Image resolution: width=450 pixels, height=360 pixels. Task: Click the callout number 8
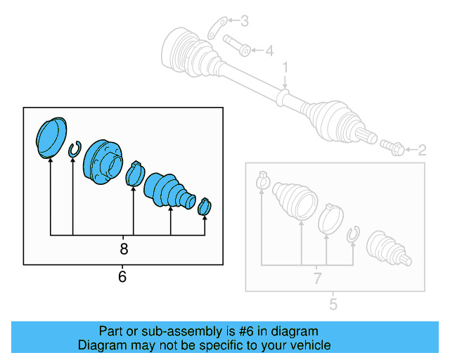pyautogui.click(x=124, y=249)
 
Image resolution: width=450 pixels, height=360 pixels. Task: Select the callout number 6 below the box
pyautogui.click(x=122, y=277)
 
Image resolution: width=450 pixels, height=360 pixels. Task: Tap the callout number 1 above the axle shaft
pyautogui.click(x=285, y=67)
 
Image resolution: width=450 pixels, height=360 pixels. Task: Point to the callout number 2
pyautogui.click(x=422, y=150)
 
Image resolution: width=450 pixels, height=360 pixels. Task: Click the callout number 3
pyautogui.click(x=244, y=21)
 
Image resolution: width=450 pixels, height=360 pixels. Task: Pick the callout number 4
pyautogui.click(x=268, y=51)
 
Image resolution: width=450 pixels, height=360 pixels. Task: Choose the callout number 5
pyautogui.click(x=333, y=304)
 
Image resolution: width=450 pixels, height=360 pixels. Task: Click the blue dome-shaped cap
pyautogui.click(x=50, y=136)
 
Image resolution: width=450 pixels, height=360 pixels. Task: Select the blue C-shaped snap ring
pyautogui.click(x=73, y=149)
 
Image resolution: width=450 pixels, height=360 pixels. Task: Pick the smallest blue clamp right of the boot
pyautogui.click(x=205, y=206)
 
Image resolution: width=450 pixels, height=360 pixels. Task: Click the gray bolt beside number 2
pyautogui.click(x=392, y=148)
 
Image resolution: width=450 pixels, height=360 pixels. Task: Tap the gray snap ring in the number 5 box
pyautogui.click(x=353, y=236)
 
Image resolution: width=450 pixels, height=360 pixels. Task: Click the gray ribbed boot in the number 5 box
pyautogui.click(x=295, y=200)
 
